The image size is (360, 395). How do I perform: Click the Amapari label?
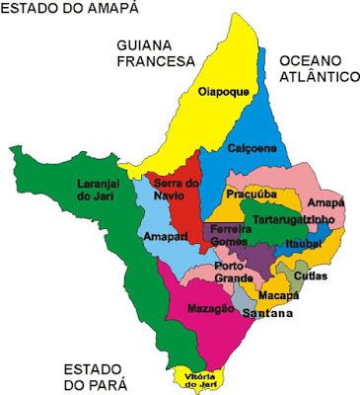pyautogui.click(x=161, y=238)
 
